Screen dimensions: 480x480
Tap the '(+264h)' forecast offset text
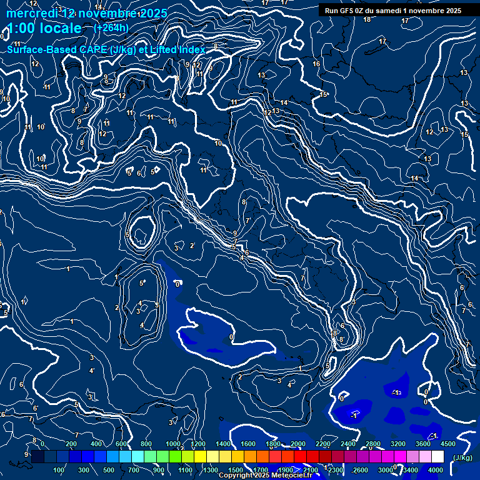(111, 27)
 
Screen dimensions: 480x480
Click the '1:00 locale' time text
(44, 28)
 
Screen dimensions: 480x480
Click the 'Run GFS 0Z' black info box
(393, 10)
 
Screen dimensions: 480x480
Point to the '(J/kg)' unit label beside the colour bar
(462, 458)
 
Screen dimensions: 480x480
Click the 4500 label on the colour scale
(448, 444)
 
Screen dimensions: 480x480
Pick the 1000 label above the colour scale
(173, 444)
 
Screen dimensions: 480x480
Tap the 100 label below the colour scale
(59, 470)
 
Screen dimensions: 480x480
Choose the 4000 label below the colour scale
(436, 470)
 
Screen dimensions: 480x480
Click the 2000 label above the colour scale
(298, 444)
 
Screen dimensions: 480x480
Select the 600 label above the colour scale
(121, 444)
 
